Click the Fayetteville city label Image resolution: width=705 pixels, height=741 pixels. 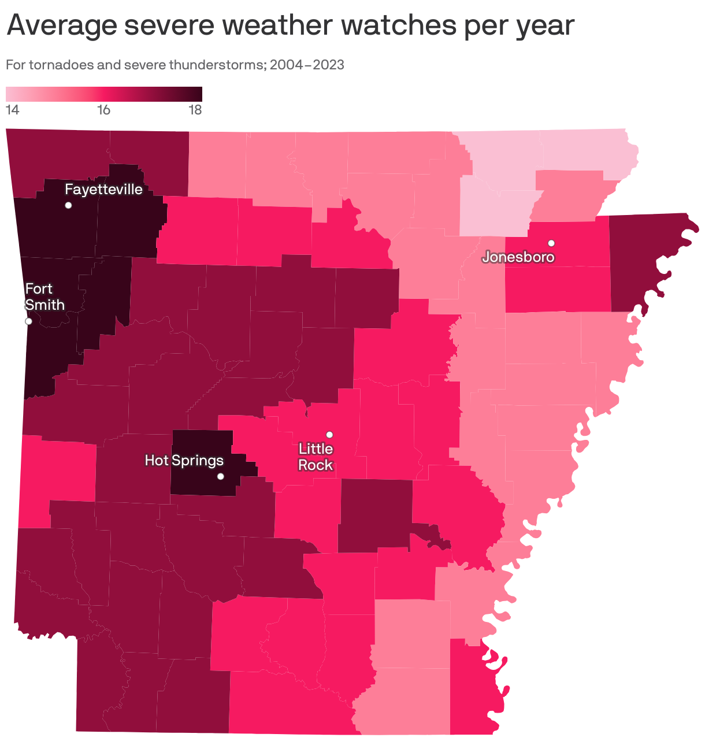(x=103, y=190)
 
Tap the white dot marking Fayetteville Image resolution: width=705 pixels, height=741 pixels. (x=68, y=205)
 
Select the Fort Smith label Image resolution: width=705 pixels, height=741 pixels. (x=44, y=297)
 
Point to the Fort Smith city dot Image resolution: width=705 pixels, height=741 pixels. (x=28, y=321)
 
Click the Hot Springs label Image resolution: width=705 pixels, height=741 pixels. (x=184, y=461)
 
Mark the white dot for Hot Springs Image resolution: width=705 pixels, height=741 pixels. (x=220, y=476)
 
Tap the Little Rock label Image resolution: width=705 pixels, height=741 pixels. (x=316, y=457)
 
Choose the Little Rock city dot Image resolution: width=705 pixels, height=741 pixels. (x=329, y=435)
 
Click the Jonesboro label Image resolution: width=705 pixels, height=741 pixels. (x=518, y=257)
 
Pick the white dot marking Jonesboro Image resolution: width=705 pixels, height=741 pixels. (x=551, y=243)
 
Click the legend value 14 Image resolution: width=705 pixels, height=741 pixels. (x=12, y=110)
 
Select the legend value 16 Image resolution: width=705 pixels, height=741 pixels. (x=103, y=110)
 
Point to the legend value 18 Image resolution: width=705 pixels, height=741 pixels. (x=195, y=110)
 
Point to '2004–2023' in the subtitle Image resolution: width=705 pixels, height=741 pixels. (x=307, y=65)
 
